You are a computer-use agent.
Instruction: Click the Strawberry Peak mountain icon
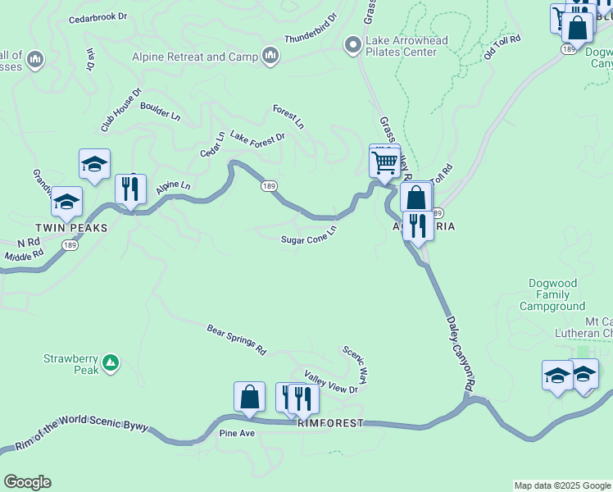111,362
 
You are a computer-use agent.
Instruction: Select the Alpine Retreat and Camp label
195,57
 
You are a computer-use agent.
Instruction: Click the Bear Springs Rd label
237,339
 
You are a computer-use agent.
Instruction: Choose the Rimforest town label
329,423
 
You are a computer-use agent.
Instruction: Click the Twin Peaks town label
70,228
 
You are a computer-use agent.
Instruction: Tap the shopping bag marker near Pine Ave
249,398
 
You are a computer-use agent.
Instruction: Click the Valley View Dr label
331,382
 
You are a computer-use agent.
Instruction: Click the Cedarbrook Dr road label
98,17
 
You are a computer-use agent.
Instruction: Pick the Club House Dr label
121,110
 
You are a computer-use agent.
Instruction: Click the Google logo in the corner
27,482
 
